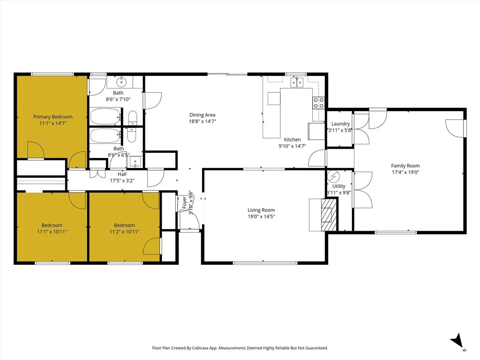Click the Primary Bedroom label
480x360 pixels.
tap(52, 117)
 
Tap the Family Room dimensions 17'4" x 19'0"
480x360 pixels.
tap(405, 172)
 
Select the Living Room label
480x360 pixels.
tap(261, 210)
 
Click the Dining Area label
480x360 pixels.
tap(202, 115)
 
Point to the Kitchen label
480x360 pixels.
tap(292, 140)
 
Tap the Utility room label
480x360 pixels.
tap(338, 186)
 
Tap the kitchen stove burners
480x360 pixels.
tap(319, 103)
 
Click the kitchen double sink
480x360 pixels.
tap(296, 83)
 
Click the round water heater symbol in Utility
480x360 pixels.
tap(333, 175)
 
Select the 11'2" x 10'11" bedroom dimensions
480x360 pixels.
tap(124, 232)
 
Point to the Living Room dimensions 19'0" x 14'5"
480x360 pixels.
tap(261, 217)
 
